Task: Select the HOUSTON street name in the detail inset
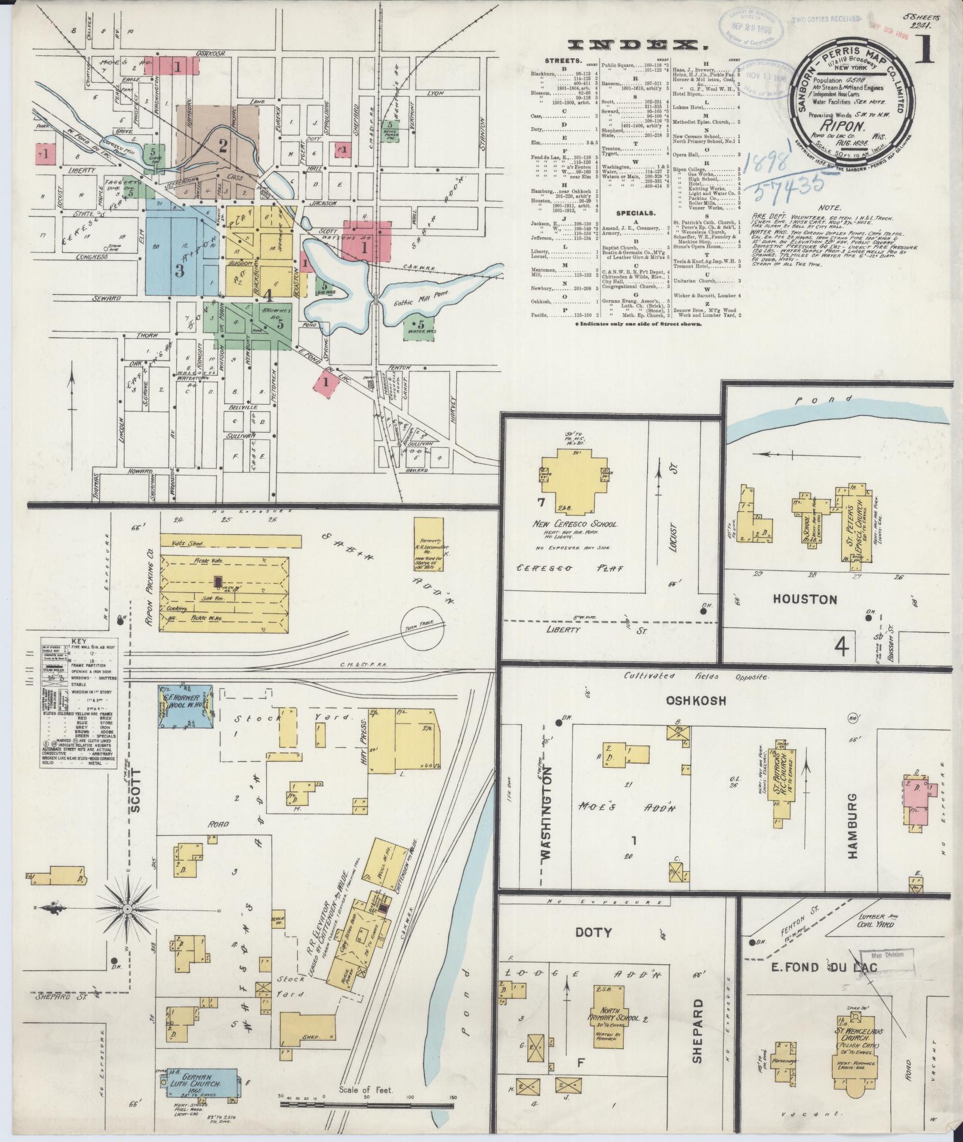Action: tap(806, 599)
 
